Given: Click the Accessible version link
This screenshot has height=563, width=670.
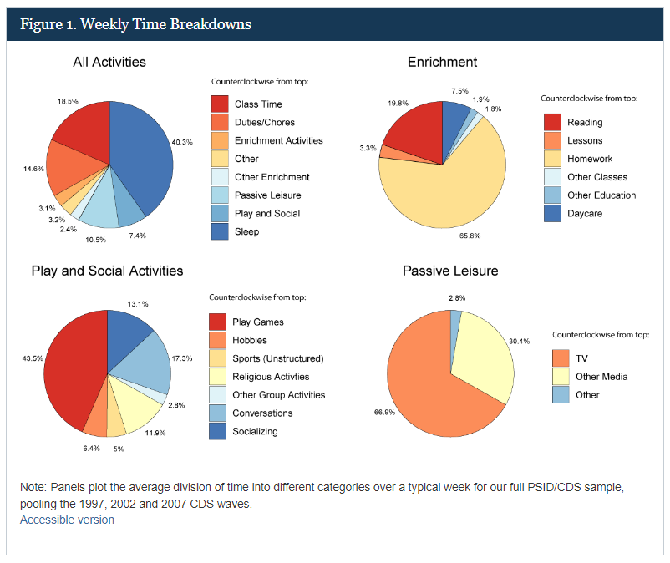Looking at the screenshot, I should [67, 520].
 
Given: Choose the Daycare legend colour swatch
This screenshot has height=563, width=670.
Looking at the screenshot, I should [552, 214].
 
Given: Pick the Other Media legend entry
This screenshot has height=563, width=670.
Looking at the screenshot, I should [602, 377].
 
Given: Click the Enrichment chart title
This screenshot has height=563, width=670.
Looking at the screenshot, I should [442, 63].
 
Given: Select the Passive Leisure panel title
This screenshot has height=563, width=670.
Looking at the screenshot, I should [450, 271].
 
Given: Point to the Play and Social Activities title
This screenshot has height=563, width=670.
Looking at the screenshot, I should [107, 271].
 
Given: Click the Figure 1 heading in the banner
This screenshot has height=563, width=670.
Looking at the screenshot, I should [135, 24].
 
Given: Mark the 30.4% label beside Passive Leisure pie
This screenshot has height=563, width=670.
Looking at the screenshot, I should [520, 342].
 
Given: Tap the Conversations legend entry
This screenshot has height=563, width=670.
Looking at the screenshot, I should [262, 413].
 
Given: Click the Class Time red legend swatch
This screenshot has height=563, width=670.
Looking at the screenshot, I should [220, 104].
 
